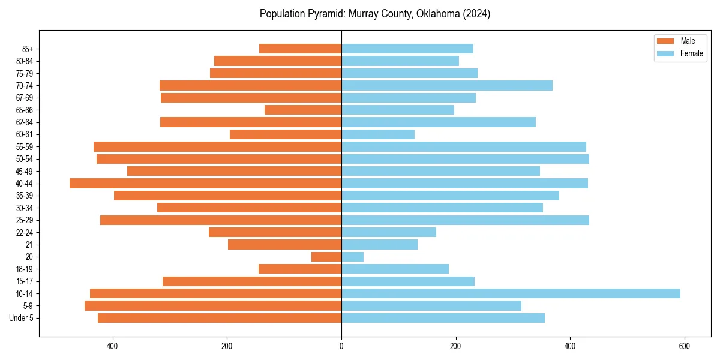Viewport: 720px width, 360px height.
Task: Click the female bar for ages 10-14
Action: [510, 293]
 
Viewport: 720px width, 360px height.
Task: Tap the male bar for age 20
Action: [326, 257]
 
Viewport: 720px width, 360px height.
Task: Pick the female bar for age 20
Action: [352, 257]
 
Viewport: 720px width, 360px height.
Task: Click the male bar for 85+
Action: [300, 49]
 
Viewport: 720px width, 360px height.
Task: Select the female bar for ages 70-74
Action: [446, 86]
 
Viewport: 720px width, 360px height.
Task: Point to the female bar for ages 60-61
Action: [377, 134]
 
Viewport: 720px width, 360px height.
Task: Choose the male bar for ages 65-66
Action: [303, 110]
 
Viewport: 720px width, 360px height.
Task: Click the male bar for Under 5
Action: [220, 318]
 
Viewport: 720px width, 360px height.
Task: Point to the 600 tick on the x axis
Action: [684, 346]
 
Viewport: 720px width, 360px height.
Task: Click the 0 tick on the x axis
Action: [341, 346]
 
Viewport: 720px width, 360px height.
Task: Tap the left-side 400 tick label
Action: [112, 346]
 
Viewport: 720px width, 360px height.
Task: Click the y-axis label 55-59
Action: [25, 147]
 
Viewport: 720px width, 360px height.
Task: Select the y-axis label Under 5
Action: [22, 318]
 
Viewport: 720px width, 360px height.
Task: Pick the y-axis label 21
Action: [29, 245]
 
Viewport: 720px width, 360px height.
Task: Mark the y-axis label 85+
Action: [27, 49]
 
